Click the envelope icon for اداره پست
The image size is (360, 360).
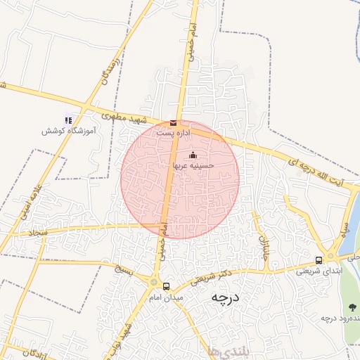tap(174, 123)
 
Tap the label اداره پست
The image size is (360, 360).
tap(174, 132)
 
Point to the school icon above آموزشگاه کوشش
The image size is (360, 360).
tap(68, 120)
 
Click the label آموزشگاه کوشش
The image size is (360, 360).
tap(63, 131)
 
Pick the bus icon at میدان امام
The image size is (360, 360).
tap(167, 286)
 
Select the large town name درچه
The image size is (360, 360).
tap(225, 298)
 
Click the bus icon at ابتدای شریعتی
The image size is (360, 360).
tap(319, 260)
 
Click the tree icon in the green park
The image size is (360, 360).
tap(352, 307)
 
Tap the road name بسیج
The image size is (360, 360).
tap(124, 269)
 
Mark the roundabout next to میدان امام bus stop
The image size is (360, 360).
tap(154, 282)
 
